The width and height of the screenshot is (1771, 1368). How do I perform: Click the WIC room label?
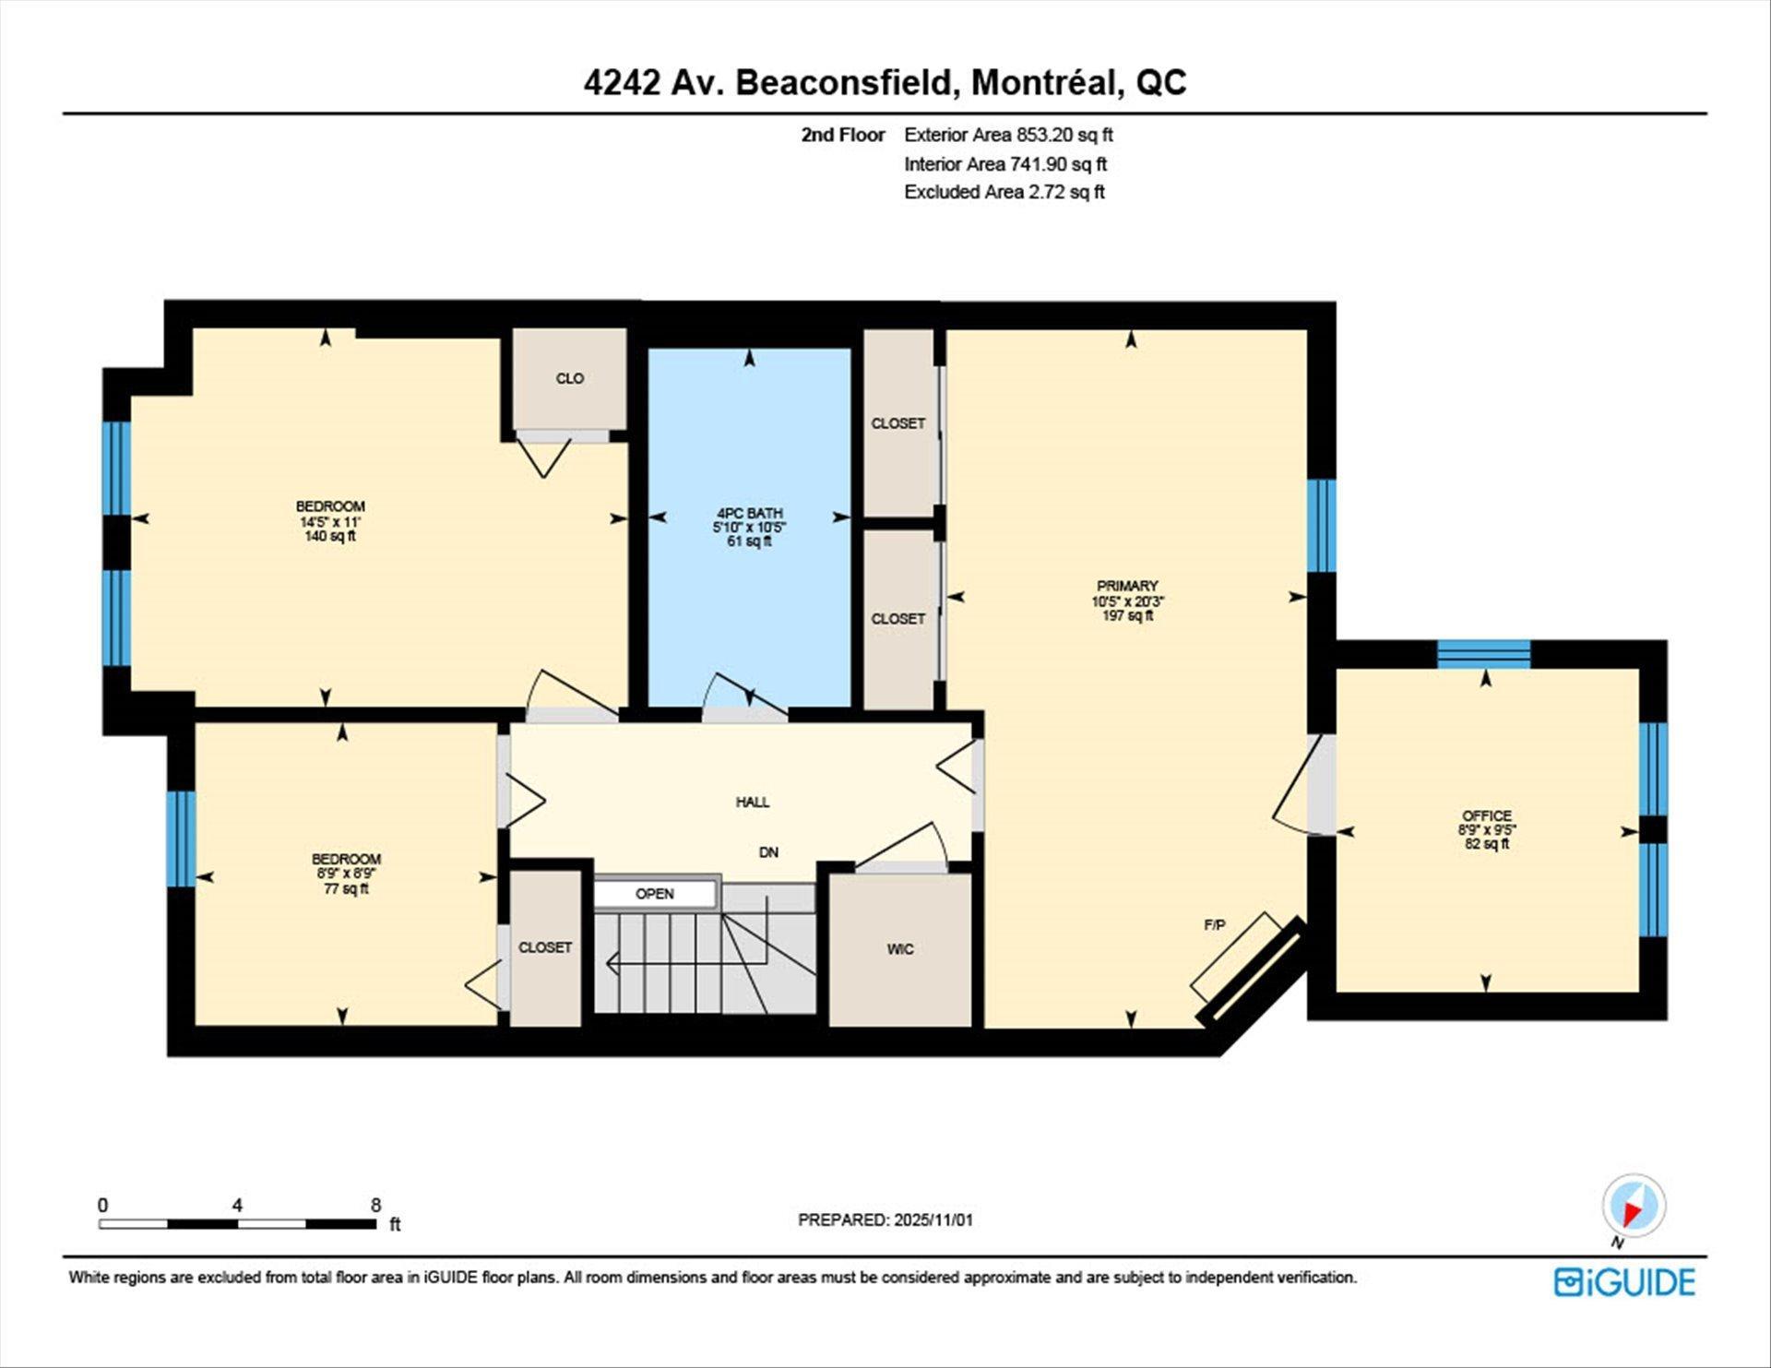click(x=900, y=949)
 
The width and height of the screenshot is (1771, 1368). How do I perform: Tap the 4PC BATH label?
click(x=749, y=513)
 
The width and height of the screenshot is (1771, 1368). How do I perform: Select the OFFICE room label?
click(x=1486, y=815)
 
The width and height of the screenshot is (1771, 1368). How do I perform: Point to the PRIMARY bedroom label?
click(x=1127, y=586)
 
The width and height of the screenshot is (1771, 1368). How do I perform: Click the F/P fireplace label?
click(x=1215, y=924)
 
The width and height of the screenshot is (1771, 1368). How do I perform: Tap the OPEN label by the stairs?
click(x=655, y=894)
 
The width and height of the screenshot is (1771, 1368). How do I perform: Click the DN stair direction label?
click(x=768, y=852)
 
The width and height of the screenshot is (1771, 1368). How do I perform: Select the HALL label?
click(x=753, y=803)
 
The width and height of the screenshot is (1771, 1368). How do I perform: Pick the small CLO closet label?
click(x=570, y=378)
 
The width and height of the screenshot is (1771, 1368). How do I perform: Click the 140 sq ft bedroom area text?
click(x=330, y=536)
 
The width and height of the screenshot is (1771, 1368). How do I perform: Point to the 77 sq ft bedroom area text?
click(x=346, y=889)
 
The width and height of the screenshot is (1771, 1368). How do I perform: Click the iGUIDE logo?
click(x=1624, y=1282)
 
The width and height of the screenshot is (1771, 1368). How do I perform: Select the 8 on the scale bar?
click(x=375, y=1205)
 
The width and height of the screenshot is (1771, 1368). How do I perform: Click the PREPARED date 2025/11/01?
click(x=933, y=1219)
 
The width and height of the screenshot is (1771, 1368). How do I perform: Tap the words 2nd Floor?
click(x=842, y=135)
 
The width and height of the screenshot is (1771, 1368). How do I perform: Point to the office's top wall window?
click(x=1483, y=654)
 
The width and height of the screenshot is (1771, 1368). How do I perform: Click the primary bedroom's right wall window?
click(x=1321, y=526)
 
